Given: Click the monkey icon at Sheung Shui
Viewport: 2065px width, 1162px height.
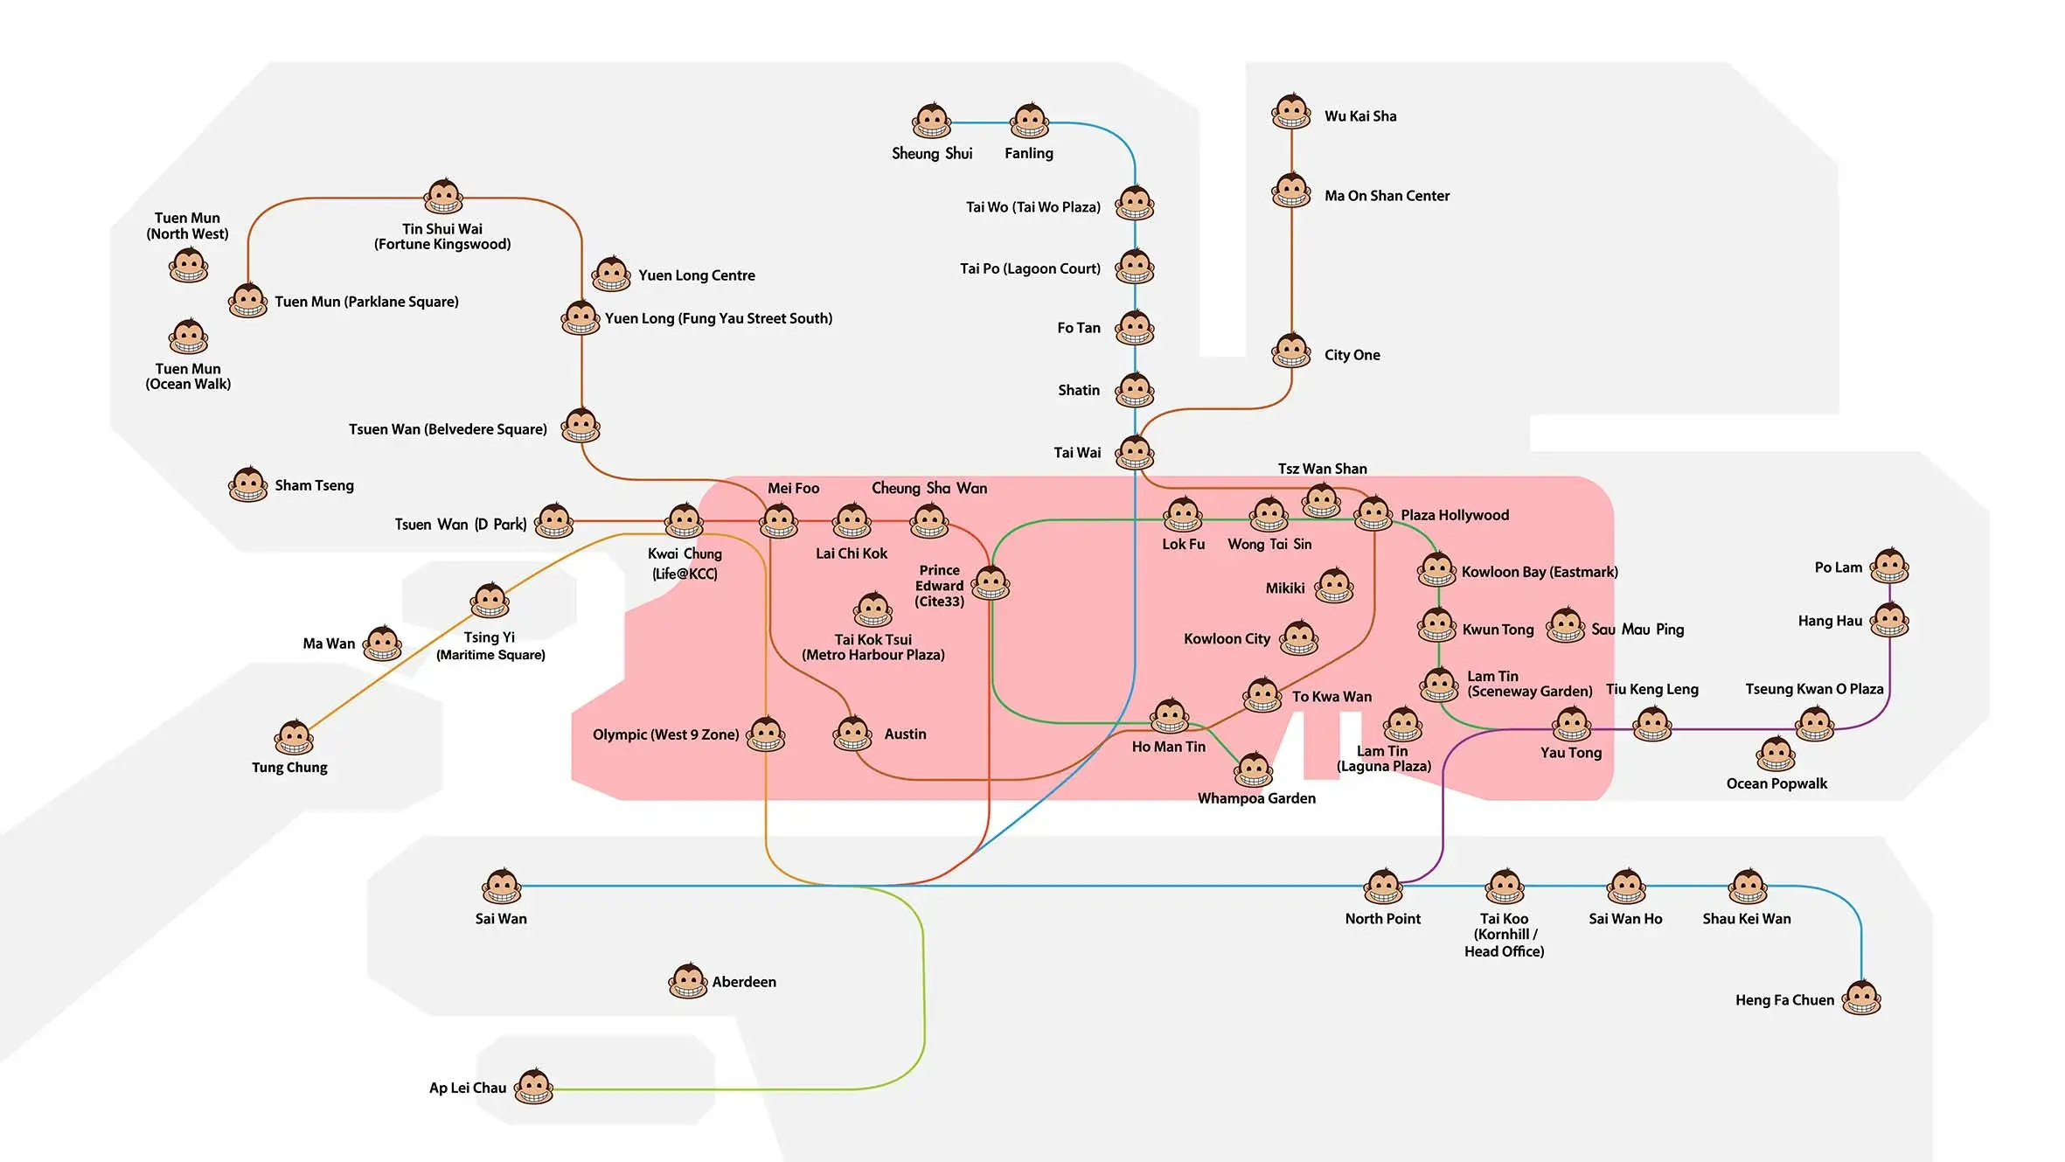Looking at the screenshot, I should pyautogui.click(x=931, y=122).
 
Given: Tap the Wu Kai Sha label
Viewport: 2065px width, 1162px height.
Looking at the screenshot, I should pyautogui.click(x=1359, y=116).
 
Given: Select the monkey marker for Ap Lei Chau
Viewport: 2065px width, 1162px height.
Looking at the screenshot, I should pyautogui.click(x=533, y=1087).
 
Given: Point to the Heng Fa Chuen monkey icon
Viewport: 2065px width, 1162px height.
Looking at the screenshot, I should pyautogui.click(x=1861, y=998).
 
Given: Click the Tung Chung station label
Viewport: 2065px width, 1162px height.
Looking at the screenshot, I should pyautogui.click(x=289, y=768).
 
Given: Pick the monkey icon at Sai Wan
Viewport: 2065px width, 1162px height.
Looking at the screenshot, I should pyautogui.click(x=502, y=887).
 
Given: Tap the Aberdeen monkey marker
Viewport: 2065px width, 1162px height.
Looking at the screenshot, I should pyautogui.click(x=688, y=981).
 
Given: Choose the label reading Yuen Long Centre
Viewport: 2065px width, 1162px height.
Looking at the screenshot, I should pyautogui.click(x=696, y=275).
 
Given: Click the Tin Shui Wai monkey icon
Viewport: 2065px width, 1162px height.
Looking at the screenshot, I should pyautogui.click(x=443, y=197).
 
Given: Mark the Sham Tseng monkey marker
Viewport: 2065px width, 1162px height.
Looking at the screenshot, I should pyautogui.click(x=248, y=484).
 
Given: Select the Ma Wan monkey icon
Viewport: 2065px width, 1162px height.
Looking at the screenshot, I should pyautogui.click(x=382, y=644).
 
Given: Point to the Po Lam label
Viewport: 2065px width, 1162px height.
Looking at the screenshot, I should pyautogui.click(x=1838, y=567).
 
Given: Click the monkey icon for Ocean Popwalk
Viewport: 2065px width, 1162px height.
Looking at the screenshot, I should pyautogui.click(x=1776, y=755).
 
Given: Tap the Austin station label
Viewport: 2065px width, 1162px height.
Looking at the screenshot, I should pyautogui.click(x=905, y=734).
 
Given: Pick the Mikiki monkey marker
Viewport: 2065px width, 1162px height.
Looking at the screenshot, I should pyautogui.click(x=1334, y=587).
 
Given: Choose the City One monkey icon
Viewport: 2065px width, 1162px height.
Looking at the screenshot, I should pyautogui.click(x=1291, y=351).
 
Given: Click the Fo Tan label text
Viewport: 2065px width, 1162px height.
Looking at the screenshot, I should pyautogui.click(x=1078, y=328).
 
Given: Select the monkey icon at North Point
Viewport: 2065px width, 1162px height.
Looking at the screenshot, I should pyautogui.click(x=1383, y=887).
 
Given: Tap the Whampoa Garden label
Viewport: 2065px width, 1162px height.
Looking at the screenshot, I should pyautogui.click(x=1256, y=798).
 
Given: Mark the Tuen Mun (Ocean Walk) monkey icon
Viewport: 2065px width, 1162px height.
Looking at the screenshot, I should pyautogui.click(x=189, y=337).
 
